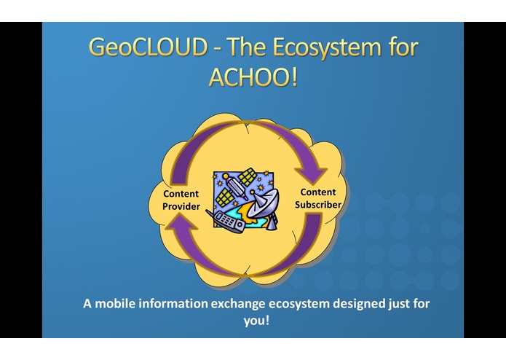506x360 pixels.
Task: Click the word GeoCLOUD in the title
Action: (x=149, y=49)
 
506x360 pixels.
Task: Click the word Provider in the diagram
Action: (x=181, y=207)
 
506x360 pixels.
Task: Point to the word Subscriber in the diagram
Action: (x=318, y=205)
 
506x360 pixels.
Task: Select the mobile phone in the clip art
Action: (x=228, y=221)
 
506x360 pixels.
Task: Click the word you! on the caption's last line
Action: (x=254, y=320)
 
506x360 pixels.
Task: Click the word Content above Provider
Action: (x=181, y=194)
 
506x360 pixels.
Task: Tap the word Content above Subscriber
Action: (x=317, y=192)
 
